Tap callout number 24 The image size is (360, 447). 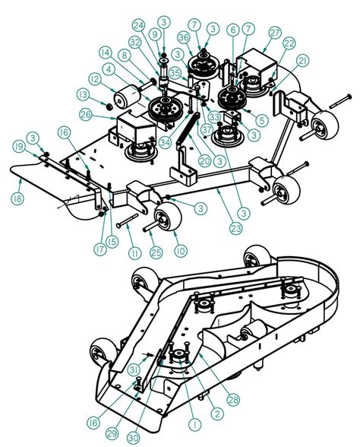[137, 25]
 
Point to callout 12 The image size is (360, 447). [95, 79]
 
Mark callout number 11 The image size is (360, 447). [135, 252]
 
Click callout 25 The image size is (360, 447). [157, 252]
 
